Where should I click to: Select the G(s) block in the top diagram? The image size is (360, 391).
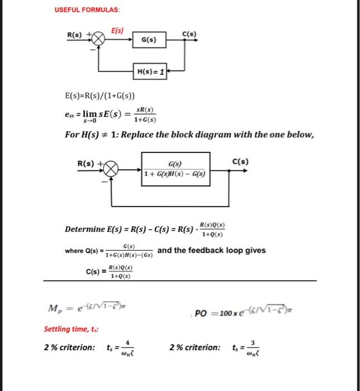[x=149, y=40]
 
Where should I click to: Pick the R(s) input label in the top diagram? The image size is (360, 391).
[x=75, y=35]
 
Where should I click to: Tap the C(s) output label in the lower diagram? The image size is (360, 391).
[x=241, y=162]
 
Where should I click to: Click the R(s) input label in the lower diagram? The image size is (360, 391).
[x=86, y=163]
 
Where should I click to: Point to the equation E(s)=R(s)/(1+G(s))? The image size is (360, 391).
[x=100, y=96]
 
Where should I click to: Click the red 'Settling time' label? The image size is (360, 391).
[x=63, y=329]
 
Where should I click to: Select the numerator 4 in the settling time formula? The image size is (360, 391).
[x=128, y=342]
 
